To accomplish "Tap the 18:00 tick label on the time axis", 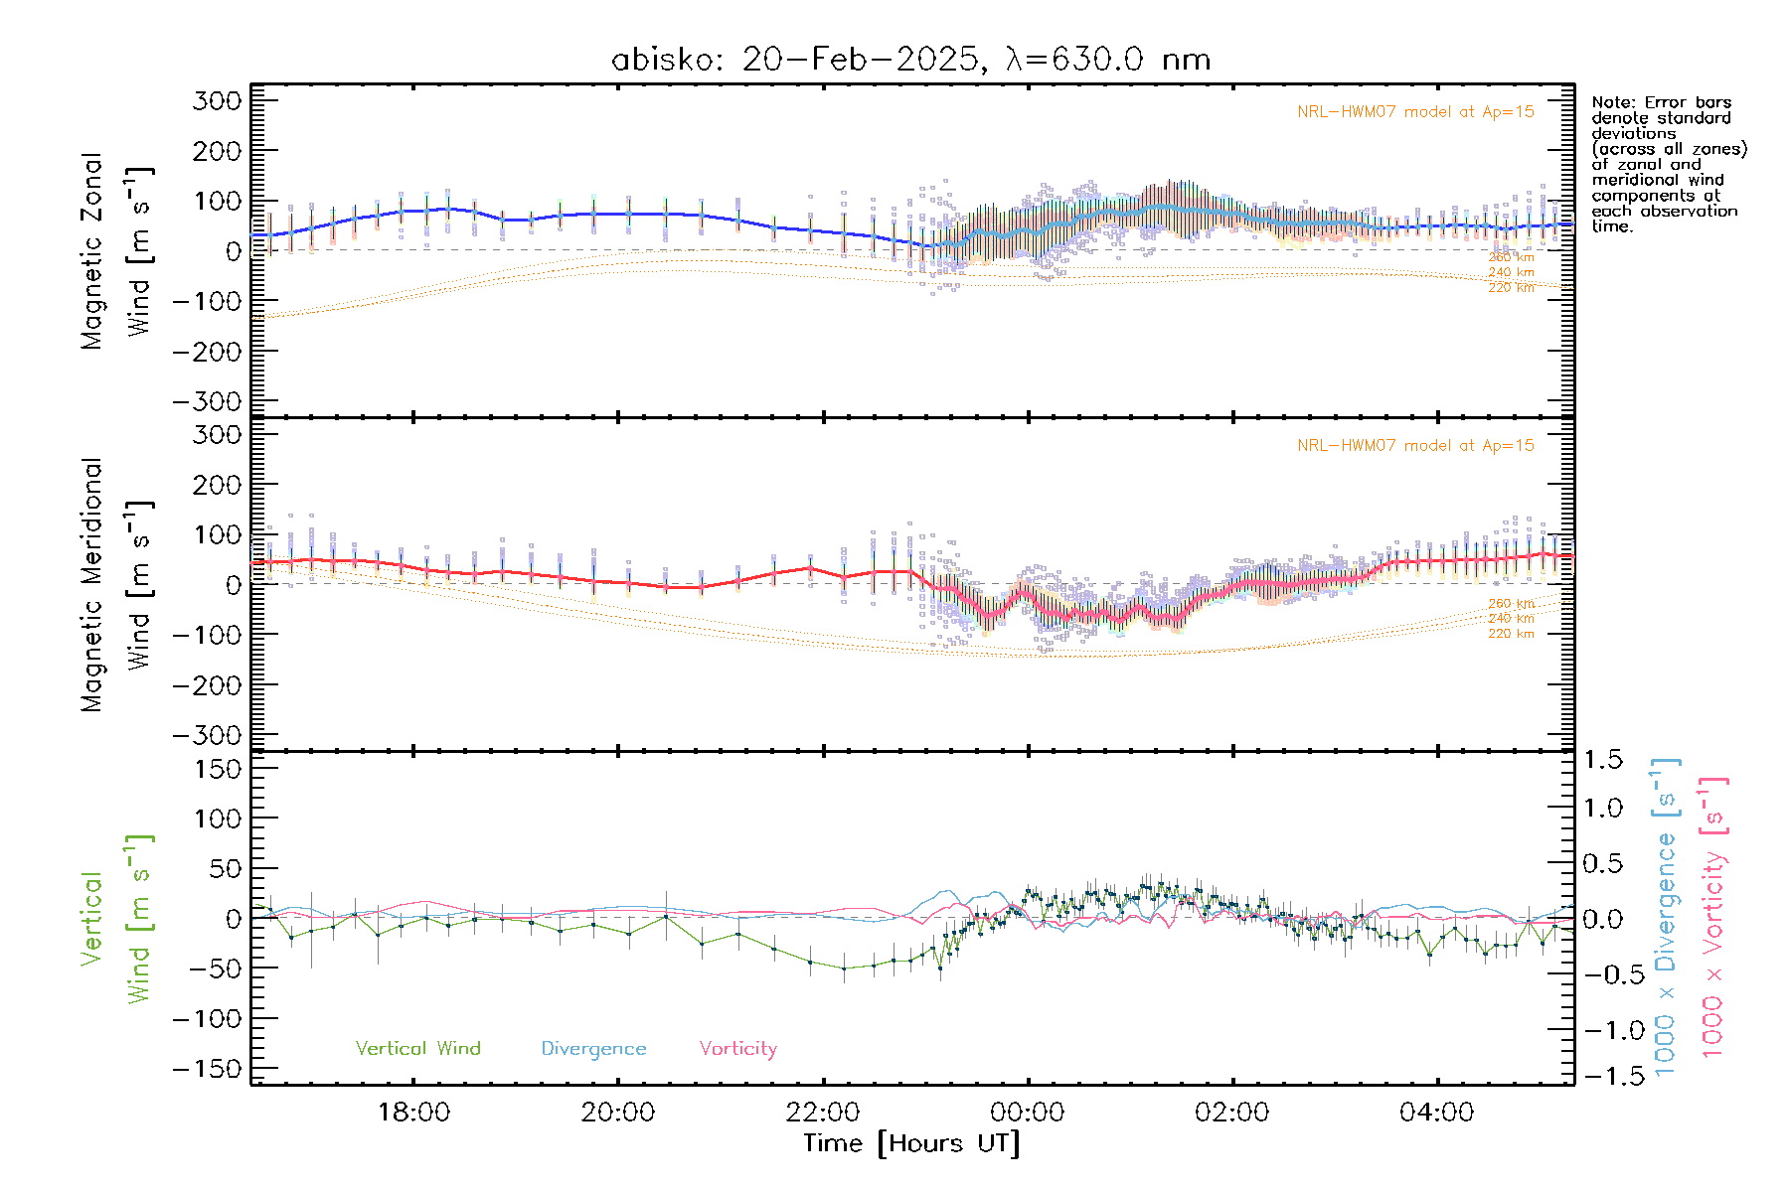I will click(x=413, y=1112).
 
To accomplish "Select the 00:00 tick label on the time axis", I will click(x=1028, y=1112).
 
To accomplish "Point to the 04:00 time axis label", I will click(x=1436, y=1112).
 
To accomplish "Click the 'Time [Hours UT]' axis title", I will click(x=911, y=1143).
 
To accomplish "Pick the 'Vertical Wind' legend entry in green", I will click(x=417, y=1049).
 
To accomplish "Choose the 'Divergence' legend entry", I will click(x=593, y=1049).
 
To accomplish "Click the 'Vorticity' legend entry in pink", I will click(x=737, y=1049).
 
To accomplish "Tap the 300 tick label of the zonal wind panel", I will click(x=217, y=101).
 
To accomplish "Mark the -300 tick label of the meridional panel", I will click(x=207, y=736).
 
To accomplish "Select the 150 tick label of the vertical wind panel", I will click(x=217, y=769).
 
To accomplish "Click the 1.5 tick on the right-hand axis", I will click(x=1603, y=760).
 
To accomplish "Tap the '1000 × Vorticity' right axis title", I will click(x=1713, y=917).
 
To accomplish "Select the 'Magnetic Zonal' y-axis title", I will click(x=91, y=251).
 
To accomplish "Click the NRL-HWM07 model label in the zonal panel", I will click(x=1415, y=112).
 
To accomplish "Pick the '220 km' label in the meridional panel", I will click(x=1511, y=634).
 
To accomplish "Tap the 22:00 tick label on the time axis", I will click(x=823, y=1112).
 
